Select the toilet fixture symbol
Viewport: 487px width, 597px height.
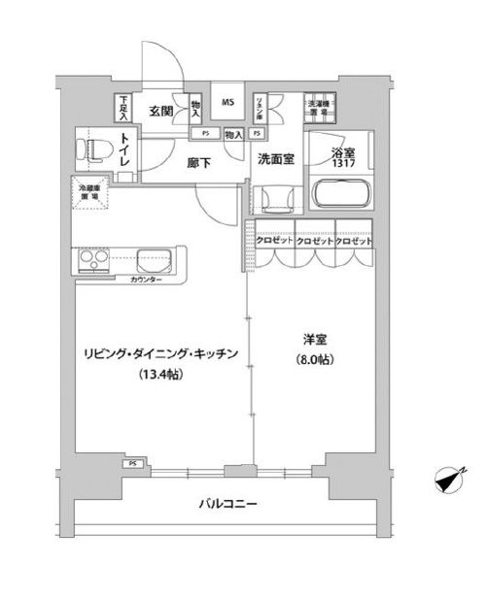click(93, 151)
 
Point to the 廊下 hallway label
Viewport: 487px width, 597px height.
click(199, 163)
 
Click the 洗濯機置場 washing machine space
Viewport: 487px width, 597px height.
click(319, 108)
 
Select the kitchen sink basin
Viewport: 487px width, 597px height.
click(156, 261)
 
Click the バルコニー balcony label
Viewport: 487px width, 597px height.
click(228, 504)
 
